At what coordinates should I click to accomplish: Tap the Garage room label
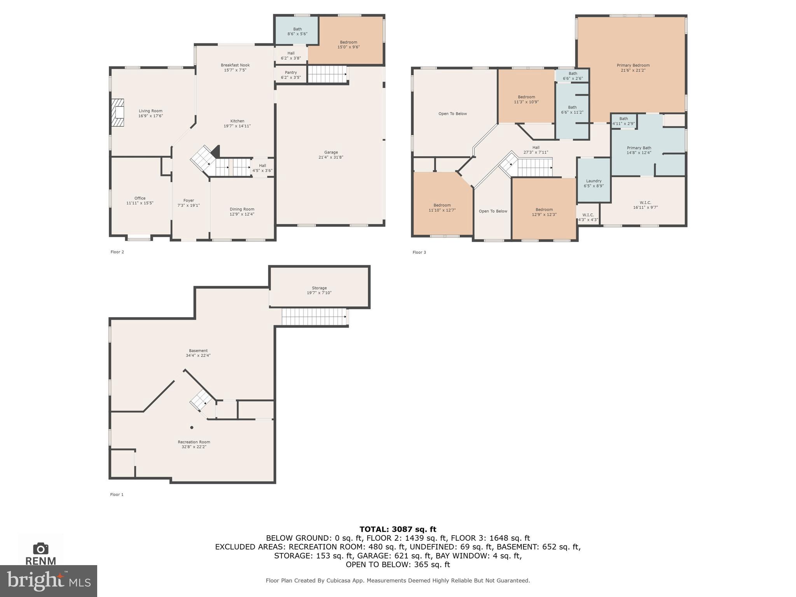pyautogui.click(x=331, y=152)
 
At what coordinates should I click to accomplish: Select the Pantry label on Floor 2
pyautogui.click(x=291, y=73)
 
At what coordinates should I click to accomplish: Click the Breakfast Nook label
pyautogui.click(x=235, y=65)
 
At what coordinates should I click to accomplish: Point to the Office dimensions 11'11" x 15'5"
pyautogui.click(x=140, y=203)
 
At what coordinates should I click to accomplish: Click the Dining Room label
pyautogui.click(x=242, y=209)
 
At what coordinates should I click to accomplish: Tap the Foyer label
pyautogui.click(x=189, y=201)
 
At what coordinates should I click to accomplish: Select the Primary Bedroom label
pyautogui.click(x=633, y=65)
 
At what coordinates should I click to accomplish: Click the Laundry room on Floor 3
pyautogui.click(x=594, y=183)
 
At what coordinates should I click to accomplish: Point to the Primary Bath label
pyautogui.click(x=639, y=148)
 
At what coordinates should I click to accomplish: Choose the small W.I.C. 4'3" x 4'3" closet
pyautogui.click(x=588, y=217)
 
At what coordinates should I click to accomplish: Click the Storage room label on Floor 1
pyautogui.click(x=319, y=288)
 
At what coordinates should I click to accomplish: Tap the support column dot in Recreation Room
pyautogui.click(x=192, y=428)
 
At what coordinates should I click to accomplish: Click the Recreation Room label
pyautogui.click(x=194, y=442)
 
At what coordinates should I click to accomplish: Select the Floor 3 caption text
pyautogui.click(x=419, y=252)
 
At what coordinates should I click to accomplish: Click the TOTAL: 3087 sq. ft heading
pyautogui.click(x=398, y=529)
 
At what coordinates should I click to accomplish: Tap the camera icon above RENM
pyautogui.click(x=40, y=548)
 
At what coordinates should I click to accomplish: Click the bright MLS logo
pyautogui.click(x=48, y=581)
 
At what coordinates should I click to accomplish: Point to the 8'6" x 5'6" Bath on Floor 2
pyautogui.click(x=297, y=31)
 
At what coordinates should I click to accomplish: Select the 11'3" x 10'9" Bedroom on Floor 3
pyautogui.click(x=526, y=99)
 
